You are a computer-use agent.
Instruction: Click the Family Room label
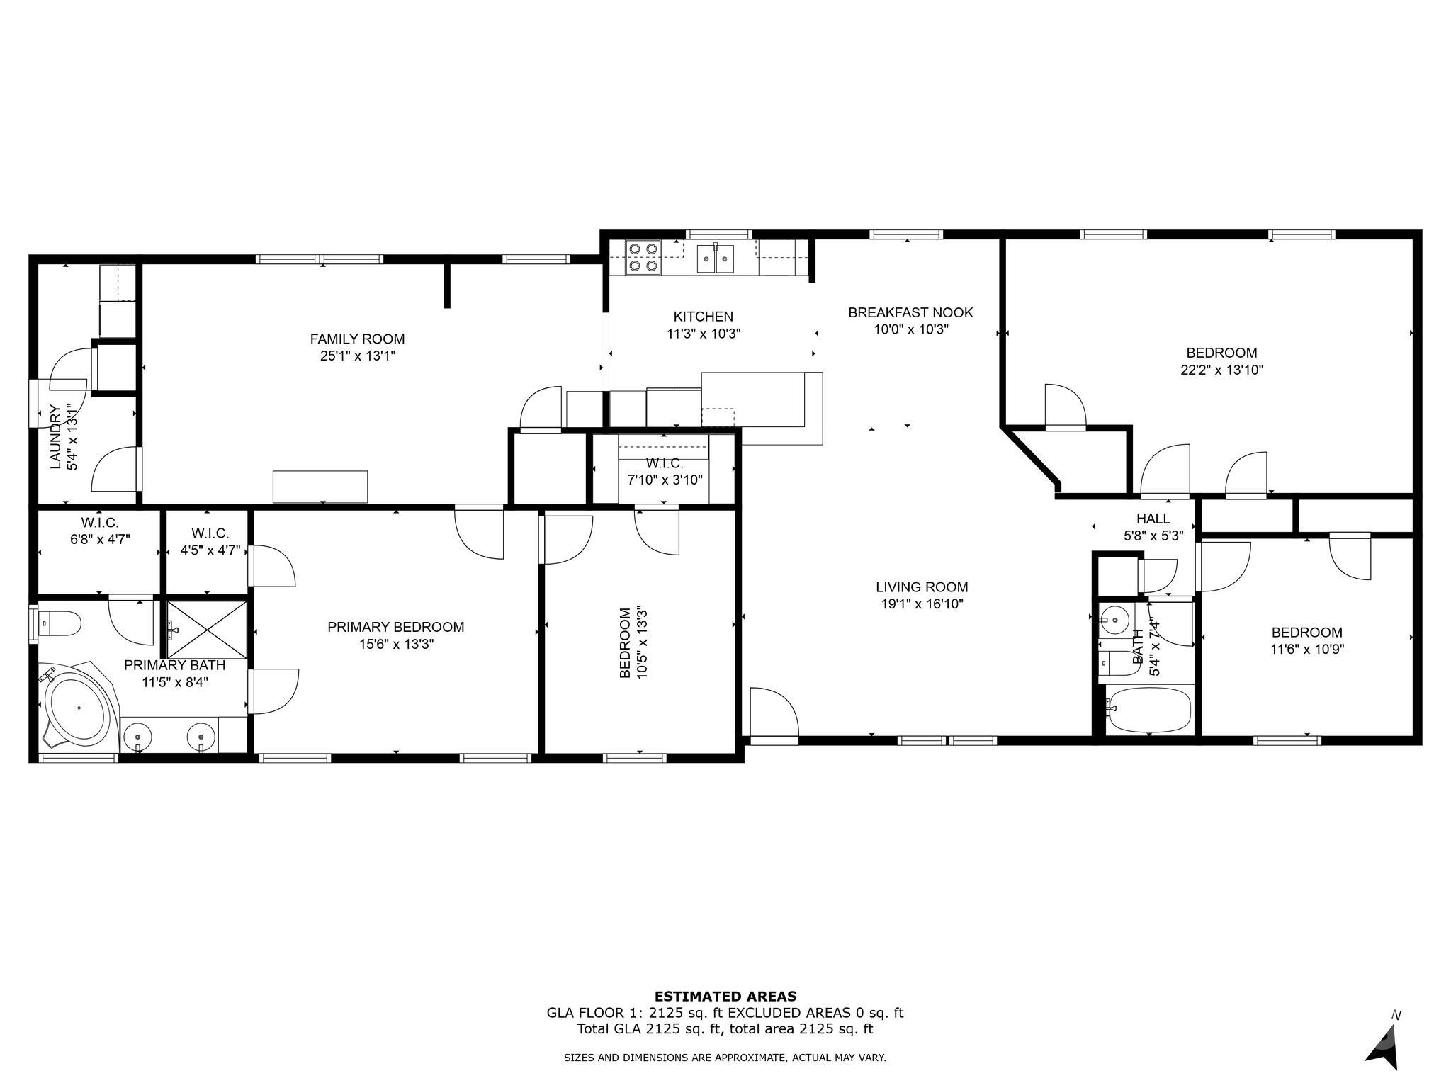tap(357, 339)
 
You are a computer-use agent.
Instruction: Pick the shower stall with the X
tap(207, 629)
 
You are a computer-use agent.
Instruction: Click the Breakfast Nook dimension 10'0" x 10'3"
tap(910, 329)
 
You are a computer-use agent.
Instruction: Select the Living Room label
tap(921, 586)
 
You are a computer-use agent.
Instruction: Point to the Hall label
tap(1153, 518)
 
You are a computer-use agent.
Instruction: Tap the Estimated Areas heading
tap(725, 996)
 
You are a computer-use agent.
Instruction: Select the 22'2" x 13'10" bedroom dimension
tap(1221, 370)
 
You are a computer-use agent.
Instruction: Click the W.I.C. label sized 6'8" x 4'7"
tap(99, 523)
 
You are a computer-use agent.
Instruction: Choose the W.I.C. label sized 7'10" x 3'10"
tap(664, 464)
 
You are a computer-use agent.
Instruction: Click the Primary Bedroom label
tap(395, 627)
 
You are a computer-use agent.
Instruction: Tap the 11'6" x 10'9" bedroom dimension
tap(1306, 649)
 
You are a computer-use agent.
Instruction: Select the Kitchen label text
tap(703, 317)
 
